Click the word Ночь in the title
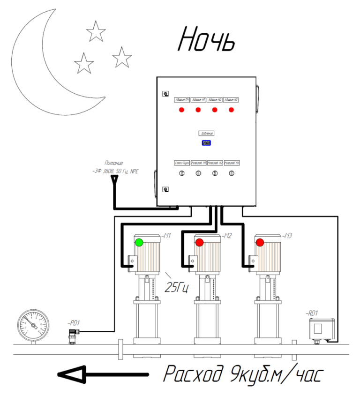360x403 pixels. click(x=206, y=39)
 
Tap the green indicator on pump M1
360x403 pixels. click(x=139, y=242)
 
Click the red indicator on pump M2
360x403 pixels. click(x=199, y=242)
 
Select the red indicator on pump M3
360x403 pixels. click(x=259, y=242)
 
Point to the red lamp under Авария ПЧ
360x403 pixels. click(x=181, y=110)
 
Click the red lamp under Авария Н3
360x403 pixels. click(x=231, y=110)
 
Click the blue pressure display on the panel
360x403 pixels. click(x=206, y=144)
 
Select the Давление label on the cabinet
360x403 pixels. click(x=206, y=133)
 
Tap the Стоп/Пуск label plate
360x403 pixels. click(x=181, y=163)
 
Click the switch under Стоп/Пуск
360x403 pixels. click(x=181, y=174)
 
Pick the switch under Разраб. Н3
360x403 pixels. click(x=231, y=174)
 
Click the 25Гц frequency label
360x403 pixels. click(x=177, y=287)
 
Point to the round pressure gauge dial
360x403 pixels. click(x=33, y=323)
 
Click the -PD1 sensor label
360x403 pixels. click(x=74, y=322)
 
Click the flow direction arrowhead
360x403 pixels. click(x=70, y=374)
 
